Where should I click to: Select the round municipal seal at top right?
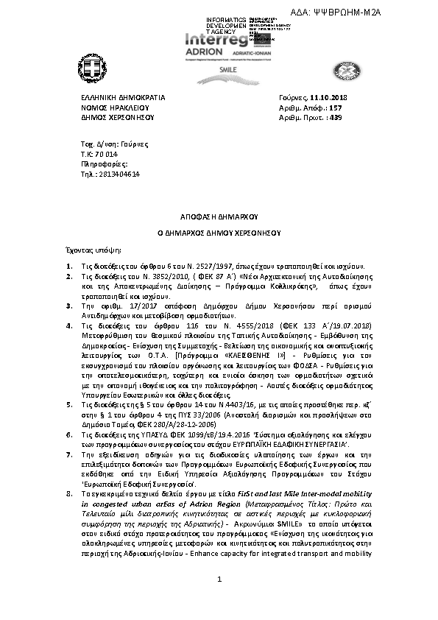coord(343,71)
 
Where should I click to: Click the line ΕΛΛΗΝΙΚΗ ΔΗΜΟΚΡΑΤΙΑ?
coord(122,96)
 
